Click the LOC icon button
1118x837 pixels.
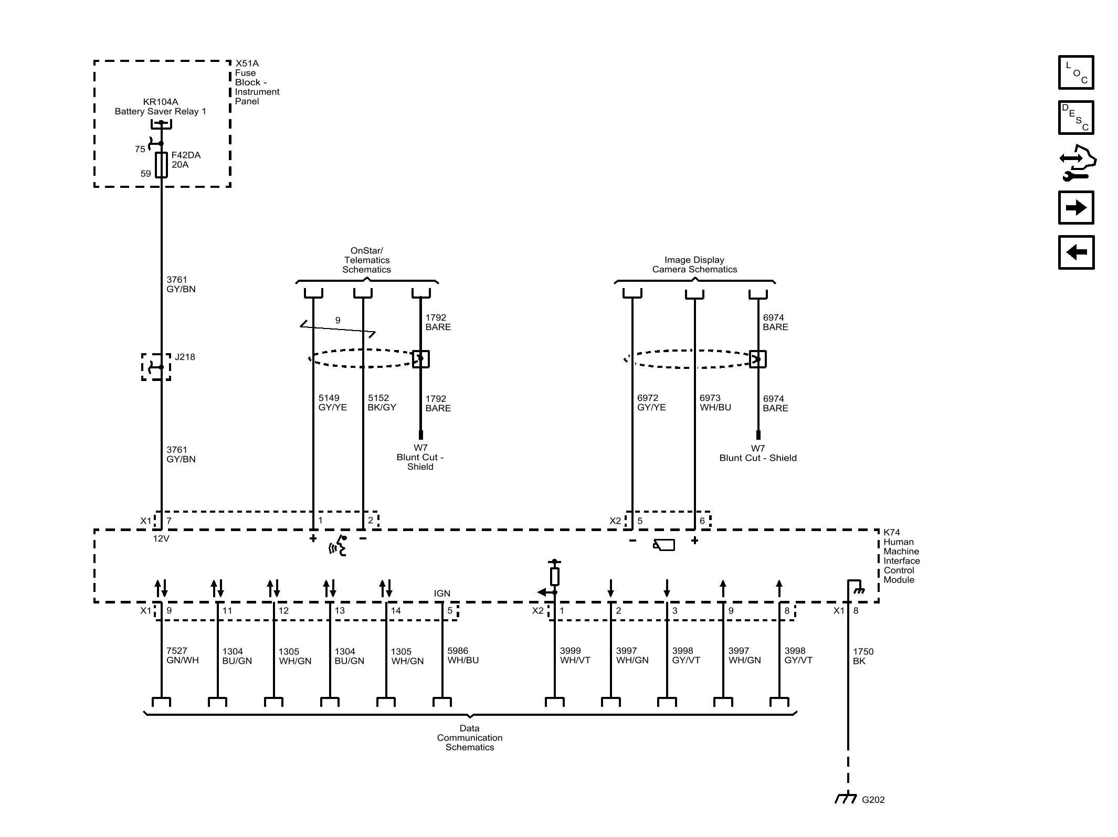[1075, 72]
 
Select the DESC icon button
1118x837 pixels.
[1075, 118]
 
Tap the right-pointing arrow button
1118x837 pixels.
[1075, 208]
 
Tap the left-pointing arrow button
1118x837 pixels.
[1075, 252]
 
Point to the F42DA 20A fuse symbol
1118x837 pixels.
[161, 165]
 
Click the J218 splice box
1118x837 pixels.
[156, 367]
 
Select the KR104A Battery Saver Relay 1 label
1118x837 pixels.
[160, 107]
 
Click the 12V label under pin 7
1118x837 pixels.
[161, 538]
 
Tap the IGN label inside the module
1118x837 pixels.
[442, 594]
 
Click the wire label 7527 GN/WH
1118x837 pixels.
[182, 655]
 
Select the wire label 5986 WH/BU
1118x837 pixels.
[462, 655]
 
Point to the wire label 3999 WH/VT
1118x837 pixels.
[575, 655]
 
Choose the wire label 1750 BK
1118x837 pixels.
[863, 656]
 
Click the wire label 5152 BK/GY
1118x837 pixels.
[382, 402]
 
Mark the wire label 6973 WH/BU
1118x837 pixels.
[715, 402]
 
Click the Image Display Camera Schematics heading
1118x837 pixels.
[694, 264]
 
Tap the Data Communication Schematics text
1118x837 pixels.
[470, 737]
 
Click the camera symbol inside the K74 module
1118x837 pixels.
[664, 545]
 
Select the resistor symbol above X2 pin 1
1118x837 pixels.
[554, 576]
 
